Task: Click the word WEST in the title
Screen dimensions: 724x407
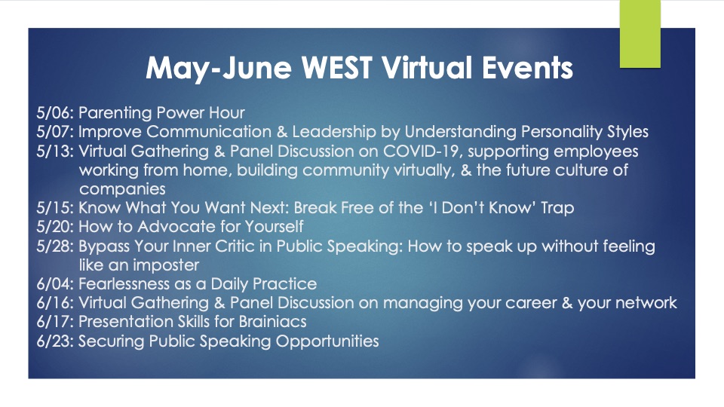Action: tap(337, 67)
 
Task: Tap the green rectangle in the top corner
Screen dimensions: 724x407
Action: tap(640, 34)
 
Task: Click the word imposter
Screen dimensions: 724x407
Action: tap(168, 265)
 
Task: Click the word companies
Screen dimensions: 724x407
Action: tap(122, 190)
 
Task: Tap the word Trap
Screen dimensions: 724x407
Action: tap(557, 208)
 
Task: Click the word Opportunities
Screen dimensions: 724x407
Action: tap(327, 341)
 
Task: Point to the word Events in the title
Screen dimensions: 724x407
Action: tap(527, 67)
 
